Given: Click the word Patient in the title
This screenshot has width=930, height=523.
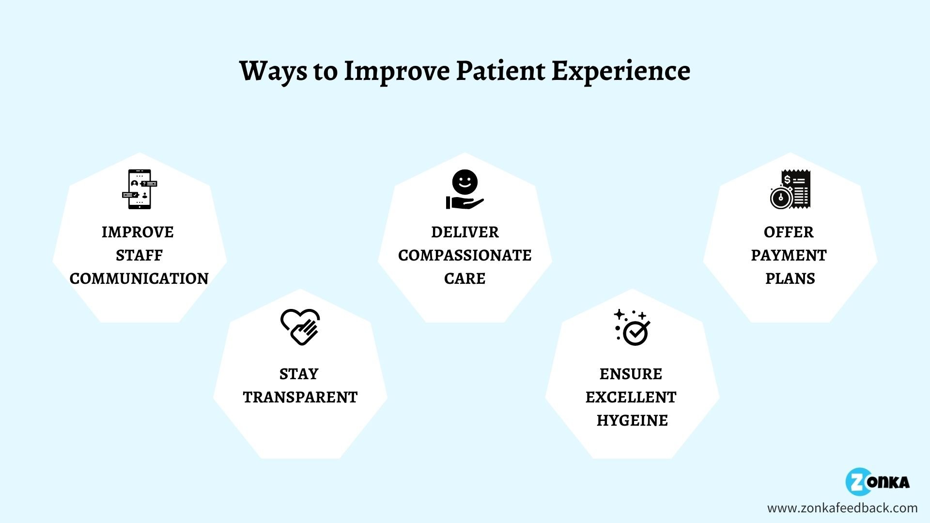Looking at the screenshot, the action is pos(500,71).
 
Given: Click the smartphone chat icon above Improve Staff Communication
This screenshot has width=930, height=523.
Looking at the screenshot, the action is pos(139,189).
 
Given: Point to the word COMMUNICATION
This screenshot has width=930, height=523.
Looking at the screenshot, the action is pos(139,278).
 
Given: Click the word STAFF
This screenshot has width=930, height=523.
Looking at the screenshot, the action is pos(139,255).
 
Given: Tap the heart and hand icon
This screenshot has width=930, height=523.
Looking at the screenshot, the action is pos(300,327).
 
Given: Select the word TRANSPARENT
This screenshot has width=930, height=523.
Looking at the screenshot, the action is pos(300,397).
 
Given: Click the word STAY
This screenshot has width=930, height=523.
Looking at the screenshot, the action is pos(299,374).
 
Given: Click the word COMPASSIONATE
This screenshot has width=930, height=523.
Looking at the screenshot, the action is pos(465,255).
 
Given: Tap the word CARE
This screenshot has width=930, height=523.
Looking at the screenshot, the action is pos(465,278).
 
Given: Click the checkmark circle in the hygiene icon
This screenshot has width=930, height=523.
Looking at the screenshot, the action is pos(636,333).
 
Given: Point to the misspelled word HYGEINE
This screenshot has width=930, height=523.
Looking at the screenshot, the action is pos(632,420).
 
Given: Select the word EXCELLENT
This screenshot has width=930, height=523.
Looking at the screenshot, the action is pos(631,397).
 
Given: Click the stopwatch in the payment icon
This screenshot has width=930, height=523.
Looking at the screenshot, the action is pos(781,197).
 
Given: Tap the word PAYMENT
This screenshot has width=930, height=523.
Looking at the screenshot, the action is pos(789,255).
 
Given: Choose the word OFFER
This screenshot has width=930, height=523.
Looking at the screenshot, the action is pos(789,232).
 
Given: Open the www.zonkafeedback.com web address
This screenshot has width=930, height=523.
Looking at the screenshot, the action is pos(842,508).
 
